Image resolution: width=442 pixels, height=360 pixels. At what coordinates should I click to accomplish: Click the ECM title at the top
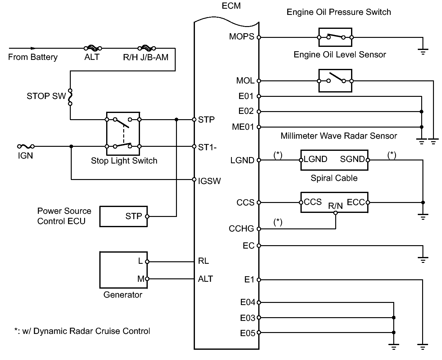coord(231,6)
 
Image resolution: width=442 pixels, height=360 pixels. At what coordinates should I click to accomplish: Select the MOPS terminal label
coord(241,37)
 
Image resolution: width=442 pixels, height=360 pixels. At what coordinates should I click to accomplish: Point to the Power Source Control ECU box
coord(123,216)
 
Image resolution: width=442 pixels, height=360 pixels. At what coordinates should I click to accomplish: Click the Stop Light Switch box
coord(123,133)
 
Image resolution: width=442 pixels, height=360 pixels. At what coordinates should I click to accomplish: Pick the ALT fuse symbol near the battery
coord(93,48)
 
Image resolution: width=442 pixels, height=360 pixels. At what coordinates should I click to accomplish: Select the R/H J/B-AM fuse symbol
coord(147,48)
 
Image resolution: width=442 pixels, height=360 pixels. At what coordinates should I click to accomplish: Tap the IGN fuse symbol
coord(26,146)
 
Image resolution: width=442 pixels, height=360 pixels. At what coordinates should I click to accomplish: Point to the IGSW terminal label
coord(209,181)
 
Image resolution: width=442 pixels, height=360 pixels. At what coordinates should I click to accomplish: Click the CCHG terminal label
coord(241,229)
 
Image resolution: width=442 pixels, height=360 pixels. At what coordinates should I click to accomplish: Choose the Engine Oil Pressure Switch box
coord(335,38)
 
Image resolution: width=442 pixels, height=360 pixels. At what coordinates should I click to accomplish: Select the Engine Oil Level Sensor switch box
coord(335,81)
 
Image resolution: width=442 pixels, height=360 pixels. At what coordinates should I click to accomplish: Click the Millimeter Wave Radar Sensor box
coord(334,160)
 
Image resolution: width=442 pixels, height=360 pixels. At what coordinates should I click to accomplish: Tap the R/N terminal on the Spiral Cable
coord(335,213)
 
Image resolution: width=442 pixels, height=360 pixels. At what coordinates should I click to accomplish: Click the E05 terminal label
coord(247,333)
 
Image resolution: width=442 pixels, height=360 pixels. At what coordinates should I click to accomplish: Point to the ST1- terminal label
coord(207,147)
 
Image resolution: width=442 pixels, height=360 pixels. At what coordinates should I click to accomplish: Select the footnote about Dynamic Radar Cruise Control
coord(82,331)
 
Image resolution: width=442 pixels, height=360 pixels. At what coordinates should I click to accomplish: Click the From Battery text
coord(33,57)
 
